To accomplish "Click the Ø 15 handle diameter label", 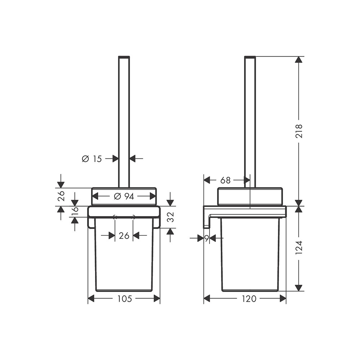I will [x=92, y=158].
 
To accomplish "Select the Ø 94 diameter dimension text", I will [x=124, y=197].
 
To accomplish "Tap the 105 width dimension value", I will [x=124, y=298].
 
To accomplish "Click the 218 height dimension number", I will [x=299, y=131].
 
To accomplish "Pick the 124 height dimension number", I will [x=299, y=248].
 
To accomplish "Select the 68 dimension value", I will [x=226, y=180].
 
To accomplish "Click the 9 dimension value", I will [x=207, y=238].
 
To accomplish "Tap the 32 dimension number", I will [x=170, y=217].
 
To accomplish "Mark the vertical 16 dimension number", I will [x=75, y=212].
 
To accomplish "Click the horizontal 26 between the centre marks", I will [x=124, y=236].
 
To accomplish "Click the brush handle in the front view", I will [x=124, y=119].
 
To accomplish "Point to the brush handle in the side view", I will [x=250, y=119].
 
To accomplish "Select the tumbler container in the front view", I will [x=124, y=259].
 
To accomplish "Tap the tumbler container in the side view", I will [x=250, y=259].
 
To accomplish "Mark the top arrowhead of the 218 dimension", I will [x=298, y=59].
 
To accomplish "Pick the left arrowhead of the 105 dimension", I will [x=91, y=298].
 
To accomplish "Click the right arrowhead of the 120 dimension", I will [x=283, y=298].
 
